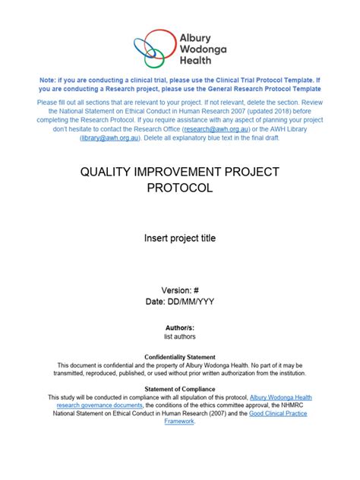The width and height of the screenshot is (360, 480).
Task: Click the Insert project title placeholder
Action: (180, 238)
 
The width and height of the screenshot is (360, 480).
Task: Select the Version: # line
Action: (180, 290)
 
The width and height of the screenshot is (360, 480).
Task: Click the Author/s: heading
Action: (180, 327)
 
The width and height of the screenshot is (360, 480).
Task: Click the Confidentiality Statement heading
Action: (180, 357)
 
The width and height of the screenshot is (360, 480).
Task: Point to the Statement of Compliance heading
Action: (180, 389)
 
